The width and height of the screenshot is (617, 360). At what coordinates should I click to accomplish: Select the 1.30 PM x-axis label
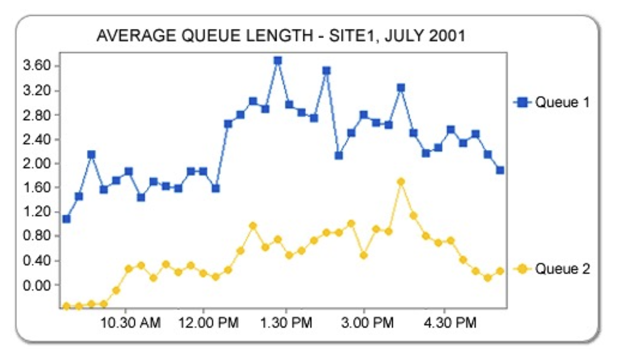286,323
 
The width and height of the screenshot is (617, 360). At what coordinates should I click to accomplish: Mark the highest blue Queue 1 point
277,61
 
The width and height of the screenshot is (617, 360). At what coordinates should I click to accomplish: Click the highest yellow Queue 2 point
401,182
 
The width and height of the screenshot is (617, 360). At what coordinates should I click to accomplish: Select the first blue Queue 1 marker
66,218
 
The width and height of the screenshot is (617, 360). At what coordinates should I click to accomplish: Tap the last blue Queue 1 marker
500,170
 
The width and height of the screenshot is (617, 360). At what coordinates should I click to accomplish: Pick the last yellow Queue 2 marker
500,271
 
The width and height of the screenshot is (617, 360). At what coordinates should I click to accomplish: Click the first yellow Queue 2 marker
66,306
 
